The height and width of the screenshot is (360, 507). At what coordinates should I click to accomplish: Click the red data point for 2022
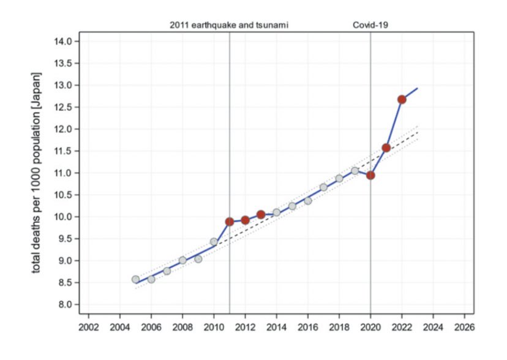(402, 99)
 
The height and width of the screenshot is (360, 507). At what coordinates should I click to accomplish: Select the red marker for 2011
(230, 222)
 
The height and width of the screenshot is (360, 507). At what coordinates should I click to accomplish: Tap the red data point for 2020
(370, 175)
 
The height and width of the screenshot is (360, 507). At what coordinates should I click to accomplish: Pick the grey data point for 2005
(135, 279)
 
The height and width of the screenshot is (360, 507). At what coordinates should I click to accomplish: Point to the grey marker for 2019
(355, 171)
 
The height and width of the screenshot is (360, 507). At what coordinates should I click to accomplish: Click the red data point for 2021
(386, 148)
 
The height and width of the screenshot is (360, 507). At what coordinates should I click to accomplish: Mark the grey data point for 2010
(214, 242)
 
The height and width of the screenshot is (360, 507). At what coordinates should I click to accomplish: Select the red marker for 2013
(261, 214)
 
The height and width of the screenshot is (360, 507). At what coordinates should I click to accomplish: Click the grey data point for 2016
(308, 200)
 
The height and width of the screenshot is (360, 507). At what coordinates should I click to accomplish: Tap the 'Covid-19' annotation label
(370, 25)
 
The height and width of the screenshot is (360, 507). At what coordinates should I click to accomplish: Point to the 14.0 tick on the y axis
(64, 41)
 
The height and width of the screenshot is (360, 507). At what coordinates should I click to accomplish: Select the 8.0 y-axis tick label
(66, 304)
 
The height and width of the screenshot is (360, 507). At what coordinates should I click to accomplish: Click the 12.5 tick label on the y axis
(64, 107)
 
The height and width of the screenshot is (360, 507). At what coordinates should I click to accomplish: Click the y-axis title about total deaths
(37, 173)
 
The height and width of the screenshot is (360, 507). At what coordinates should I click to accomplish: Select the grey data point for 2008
(182, 260)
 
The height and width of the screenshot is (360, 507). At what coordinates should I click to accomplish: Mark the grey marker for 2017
(323, 187)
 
